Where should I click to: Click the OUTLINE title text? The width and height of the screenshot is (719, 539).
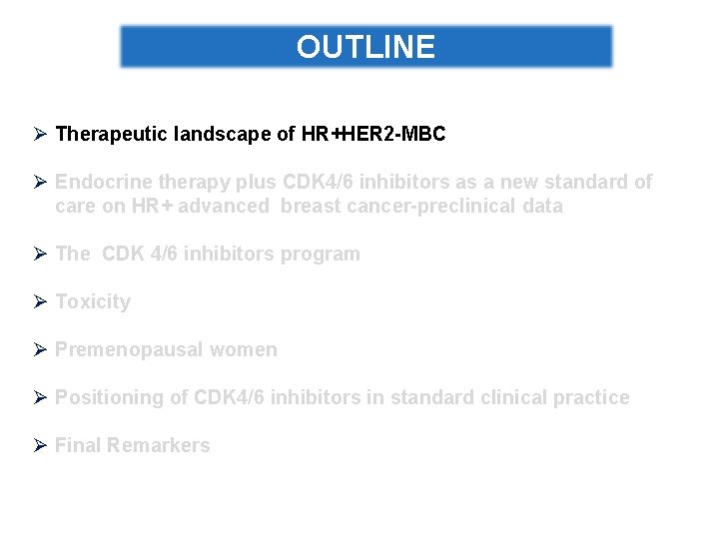pyautogui.click(x=365, y=47)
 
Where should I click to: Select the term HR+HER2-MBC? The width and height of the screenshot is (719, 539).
pyautogui.click(x=373, y=134)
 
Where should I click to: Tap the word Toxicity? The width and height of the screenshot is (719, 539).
pyautogui.click(x=93, y=301)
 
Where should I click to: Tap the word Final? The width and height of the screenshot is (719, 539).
pyautogui.click(x=77, y=445)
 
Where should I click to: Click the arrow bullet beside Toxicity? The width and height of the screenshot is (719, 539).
pyautogui.click(x=41, y=301)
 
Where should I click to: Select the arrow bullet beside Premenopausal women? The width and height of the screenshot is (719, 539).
pyautogui.click(x=41, y=349)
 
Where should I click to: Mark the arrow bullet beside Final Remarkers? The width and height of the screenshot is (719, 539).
pyautogui.click(x=41, y=445)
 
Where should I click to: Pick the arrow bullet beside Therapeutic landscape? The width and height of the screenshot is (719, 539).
pyautogui.click(x=41, y=134)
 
